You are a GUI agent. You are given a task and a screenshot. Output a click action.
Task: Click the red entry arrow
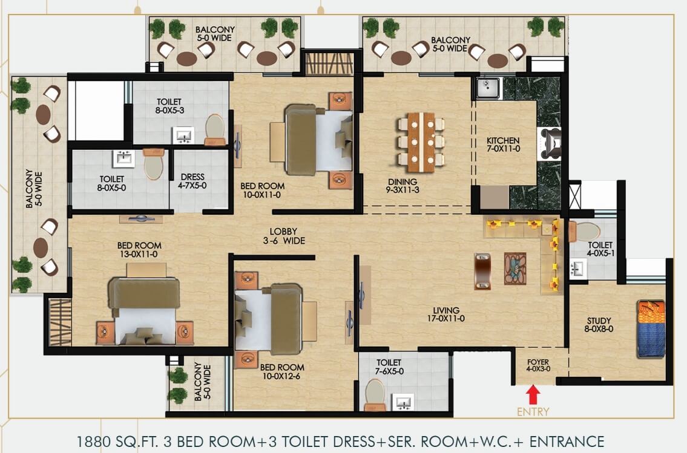point(533,394)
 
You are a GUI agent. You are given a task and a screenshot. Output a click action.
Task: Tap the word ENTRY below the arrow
point(533,412)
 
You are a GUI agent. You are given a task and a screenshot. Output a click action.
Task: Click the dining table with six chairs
point(421,143)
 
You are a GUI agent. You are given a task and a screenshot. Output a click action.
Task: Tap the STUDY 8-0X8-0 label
point(599,325)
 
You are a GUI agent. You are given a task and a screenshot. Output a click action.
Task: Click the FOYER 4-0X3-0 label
point(538,365)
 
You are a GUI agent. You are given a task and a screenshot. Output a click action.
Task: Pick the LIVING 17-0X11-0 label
point(446,314)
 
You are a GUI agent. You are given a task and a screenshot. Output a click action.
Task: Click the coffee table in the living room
point(515,269)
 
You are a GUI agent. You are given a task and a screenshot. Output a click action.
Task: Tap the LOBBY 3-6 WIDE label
point(284,236)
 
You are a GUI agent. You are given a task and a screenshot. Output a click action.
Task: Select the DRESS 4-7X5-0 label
point(192,181)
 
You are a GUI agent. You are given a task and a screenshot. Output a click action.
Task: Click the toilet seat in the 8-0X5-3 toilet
point(215,129)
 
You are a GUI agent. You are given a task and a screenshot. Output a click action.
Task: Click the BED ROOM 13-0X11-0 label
point(139,249)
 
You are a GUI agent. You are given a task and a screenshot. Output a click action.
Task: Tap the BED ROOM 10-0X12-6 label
point(282,371)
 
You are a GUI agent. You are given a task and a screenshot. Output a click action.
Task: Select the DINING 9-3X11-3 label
point(403,186)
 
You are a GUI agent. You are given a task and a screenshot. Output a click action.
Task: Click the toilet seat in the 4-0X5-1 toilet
point(585,232)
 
